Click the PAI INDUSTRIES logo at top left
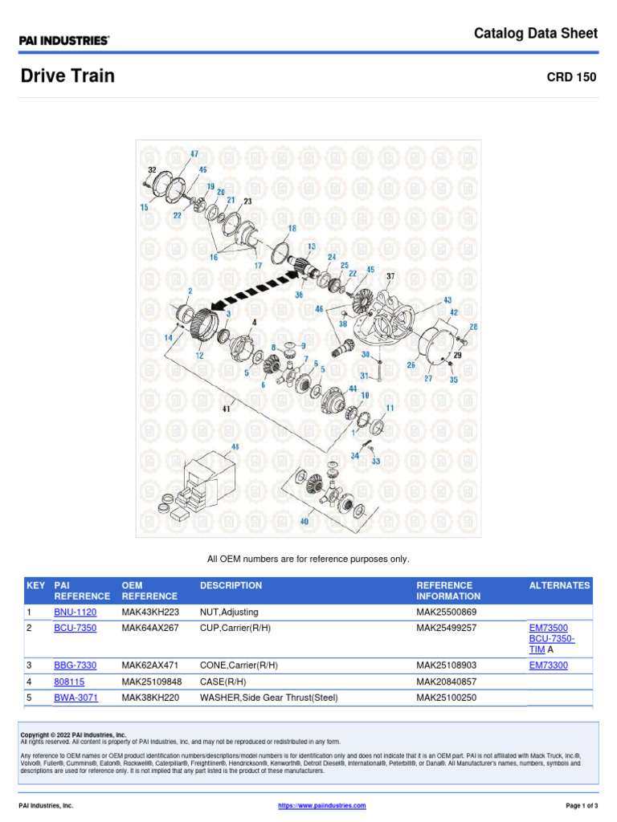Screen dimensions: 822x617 [64, 39]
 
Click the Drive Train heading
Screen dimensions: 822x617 [67, 76]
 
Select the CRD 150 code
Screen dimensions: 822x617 [571, 78]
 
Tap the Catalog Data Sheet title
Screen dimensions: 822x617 [535, 33]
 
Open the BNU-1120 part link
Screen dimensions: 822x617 [75, 612]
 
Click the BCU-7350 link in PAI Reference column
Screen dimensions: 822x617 [75, 628]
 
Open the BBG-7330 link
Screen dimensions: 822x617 [75, 665]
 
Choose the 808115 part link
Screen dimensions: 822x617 [69, 682]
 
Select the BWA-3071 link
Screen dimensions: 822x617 [76, 698]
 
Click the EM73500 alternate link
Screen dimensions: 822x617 [548, 628]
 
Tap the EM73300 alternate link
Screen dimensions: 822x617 [548, 665]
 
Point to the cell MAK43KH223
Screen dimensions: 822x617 [149, 612]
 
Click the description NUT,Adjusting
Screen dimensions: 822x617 [229, 612]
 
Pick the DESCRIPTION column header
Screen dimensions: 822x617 [231, 585]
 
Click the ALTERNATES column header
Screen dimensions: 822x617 [559, 585]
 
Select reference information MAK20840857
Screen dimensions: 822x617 [446, 682]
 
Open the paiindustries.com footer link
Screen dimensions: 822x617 [321, 805]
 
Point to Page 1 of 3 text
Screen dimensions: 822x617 [576, 805]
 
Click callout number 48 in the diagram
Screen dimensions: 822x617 [235, 446]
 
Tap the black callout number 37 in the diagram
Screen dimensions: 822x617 [390, 276]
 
